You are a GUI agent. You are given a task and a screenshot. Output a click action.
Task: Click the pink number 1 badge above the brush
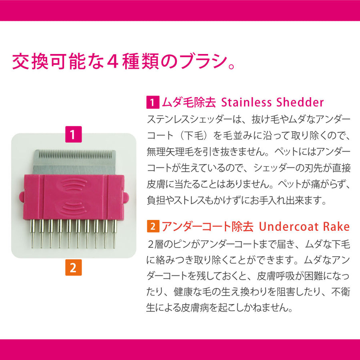pyautogui.click(x=74, y=134)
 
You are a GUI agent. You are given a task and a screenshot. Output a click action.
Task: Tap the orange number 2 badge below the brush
pyautogui.click(x=74, y=268)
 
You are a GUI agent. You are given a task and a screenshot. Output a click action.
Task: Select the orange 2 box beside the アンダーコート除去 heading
pyautogui.click(x=153, y=226)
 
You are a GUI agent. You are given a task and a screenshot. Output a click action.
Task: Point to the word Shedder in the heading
pyautogui.click(x=300, y=102)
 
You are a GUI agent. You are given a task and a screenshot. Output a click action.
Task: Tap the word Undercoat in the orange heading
pyautogui.click(x=289, y=226)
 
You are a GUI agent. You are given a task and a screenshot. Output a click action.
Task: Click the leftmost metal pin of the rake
pyautogui.click(x=33, y=234)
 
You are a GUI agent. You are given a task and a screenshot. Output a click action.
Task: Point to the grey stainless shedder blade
pyautogui.click(x=74, y=162)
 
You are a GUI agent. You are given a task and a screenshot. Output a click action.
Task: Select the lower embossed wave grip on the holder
pyautogui.click(x=74, y=208)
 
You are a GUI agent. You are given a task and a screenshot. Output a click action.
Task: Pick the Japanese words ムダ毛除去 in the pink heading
pyautogui.click(x=189, y=102)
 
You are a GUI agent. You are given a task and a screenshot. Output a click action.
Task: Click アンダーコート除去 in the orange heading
pyautogui.click(x=208, y=226)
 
